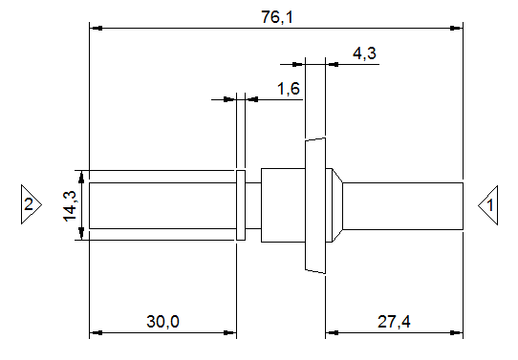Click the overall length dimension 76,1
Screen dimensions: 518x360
[x=277, y=17]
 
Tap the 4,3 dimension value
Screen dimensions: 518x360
[x=364, y=53]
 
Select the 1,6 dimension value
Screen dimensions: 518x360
[x=289, y=89]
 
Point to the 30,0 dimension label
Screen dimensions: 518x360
[x=162, y=322]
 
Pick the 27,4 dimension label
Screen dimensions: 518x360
[x=394, y=322]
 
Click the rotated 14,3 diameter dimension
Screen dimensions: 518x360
[x=70, y=205]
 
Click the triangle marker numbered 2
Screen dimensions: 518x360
[x=32, y=204]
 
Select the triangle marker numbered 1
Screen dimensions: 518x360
[x=488, y=205]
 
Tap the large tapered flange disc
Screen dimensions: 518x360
[x=315, y=205]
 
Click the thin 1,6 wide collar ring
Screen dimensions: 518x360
[x=241, y=205]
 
